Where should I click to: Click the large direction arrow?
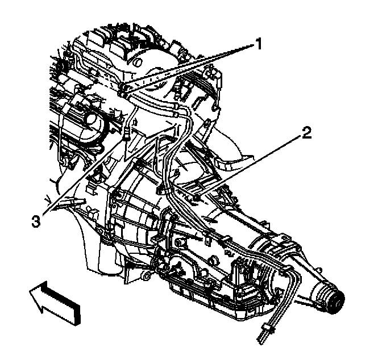point(54,301)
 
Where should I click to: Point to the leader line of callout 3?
point(85,176)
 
